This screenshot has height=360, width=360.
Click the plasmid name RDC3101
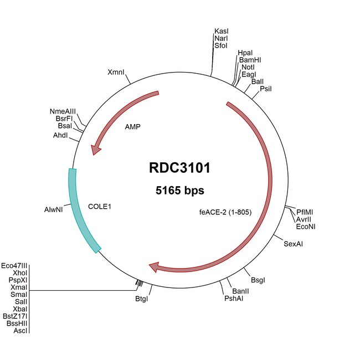click(179, 167)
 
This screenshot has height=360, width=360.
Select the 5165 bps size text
click(179, 191)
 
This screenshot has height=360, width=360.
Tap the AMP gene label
click(132, 126)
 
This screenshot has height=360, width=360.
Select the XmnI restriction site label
click(116, 73)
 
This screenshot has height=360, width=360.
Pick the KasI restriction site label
click(221, 32)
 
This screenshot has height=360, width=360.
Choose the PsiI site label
click(266, 89)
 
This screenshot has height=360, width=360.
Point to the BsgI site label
click(258, 281)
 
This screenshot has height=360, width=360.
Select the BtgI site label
click(142, 299)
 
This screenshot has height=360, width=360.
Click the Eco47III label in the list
click(14, 266)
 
